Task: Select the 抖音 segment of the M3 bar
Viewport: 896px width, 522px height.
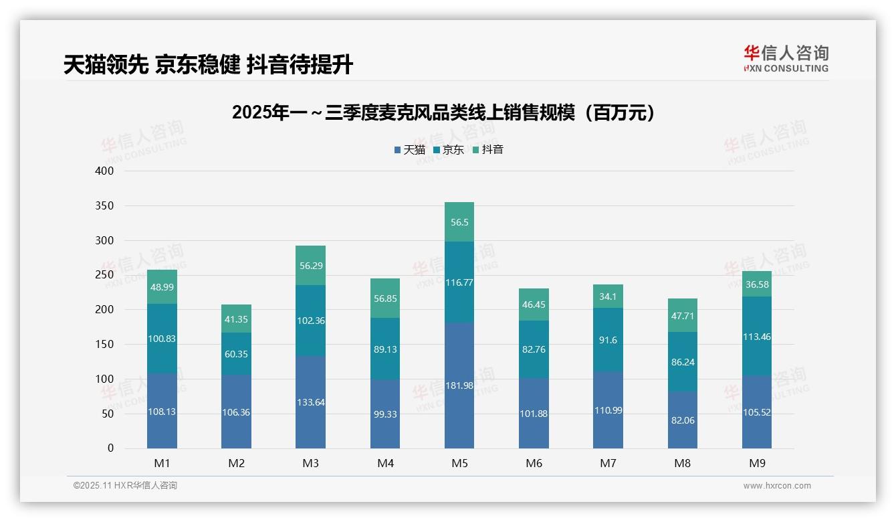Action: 310,266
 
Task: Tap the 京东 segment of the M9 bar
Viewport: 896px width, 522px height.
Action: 756,337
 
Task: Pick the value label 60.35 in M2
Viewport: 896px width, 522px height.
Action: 236,354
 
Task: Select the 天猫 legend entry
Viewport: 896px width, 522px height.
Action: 409,150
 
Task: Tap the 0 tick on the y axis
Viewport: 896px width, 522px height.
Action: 110,448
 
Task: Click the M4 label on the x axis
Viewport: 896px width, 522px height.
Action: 385,463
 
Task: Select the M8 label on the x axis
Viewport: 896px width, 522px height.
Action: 682,463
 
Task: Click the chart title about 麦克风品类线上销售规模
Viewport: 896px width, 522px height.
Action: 444,112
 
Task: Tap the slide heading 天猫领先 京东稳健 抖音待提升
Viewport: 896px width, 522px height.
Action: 208,64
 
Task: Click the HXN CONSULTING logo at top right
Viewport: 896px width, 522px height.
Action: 786,59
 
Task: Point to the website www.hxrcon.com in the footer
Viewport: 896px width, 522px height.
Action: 777,486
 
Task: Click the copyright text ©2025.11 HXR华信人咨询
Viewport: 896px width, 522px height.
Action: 125,486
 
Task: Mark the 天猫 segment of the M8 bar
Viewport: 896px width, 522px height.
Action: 682,420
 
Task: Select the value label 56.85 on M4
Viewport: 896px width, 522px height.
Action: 385,298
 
